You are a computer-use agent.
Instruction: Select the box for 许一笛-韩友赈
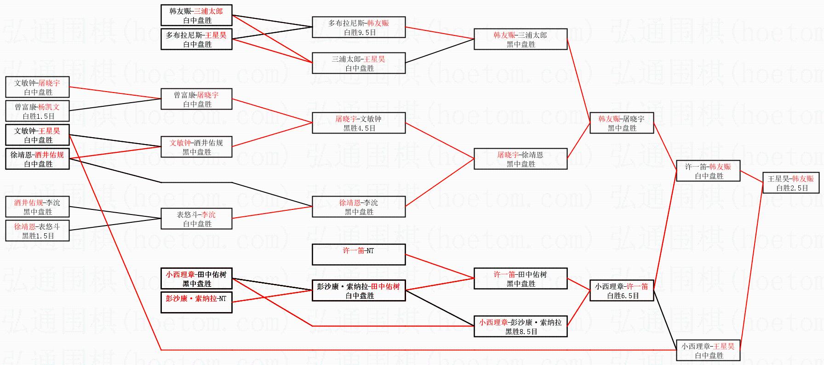(x=708, y=171)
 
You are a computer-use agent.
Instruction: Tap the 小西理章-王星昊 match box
(x=708, y=350)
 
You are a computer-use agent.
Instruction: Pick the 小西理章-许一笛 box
(x=622, y=290)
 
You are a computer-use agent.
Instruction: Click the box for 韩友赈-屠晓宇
(x=622, y=123)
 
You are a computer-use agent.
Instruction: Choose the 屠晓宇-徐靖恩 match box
(x=521, y=159)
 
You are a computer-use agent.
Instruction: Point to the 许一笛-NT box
(x=359, y=255)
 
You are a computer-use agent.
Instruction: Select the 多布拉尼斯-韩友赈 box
(x=359, y=27)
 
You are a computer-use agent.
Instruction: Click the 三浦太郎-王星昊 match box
(x=359, y=63)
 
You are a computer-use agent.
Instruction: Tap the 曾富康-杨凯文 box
(x=37, y=111)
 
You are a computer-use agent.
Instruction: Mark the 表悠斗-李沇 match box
(x=196, y=219)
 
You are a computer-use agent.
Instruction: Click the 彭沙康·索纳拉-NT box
(x=196, y=302)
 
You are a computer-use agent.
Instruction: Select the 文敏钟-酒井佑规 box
(x=196, y=147)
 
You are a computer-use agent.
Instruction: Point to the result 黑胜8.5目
(x=521, y=331)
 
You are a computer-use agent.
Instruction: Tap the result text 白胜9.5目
(x=359, y=32)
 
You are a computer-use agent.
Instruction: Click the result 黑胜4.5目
(x=359, y=128)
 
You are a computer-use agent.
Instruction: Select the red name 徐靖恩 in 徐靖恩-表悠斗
(x=24, y=226)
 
